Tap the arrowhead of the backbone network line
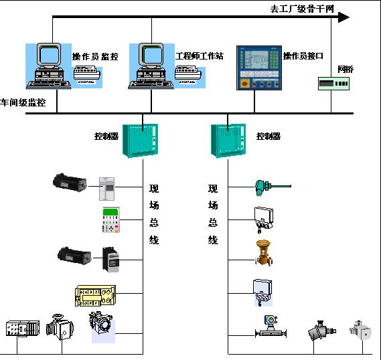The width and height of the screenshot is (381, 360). click(343, 17)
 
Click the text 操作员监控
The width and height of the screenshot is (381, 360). click(95, 56)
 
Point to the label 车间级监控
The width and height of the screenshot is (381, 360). click(23, 103)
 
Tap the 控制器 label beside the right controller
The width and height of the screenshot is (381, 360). click(269, 136)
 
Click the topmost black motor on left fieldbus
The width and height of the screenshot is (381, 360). click(70, 181)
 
